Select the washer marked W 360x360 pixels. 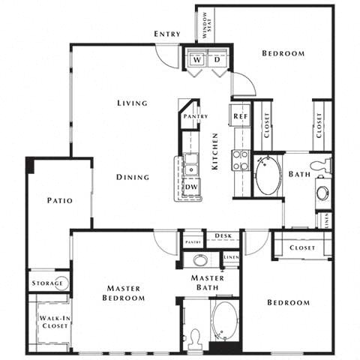point(197,59)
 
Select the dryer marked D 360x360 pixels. point(215,59)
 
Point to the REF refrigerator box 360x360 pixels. point(240,116)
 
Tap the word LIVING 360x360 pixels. point(132,103)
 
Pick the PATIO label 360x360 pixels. point(58,201)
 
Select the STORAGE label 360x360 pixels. point(45,283)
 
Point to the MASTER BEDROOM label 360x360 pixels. point(124,293)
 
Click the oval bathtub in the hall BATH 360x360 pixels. point(267,175)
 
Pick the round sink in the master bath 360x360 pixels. point(200,261)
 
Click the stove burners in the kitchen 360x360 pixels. point(240,159)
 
